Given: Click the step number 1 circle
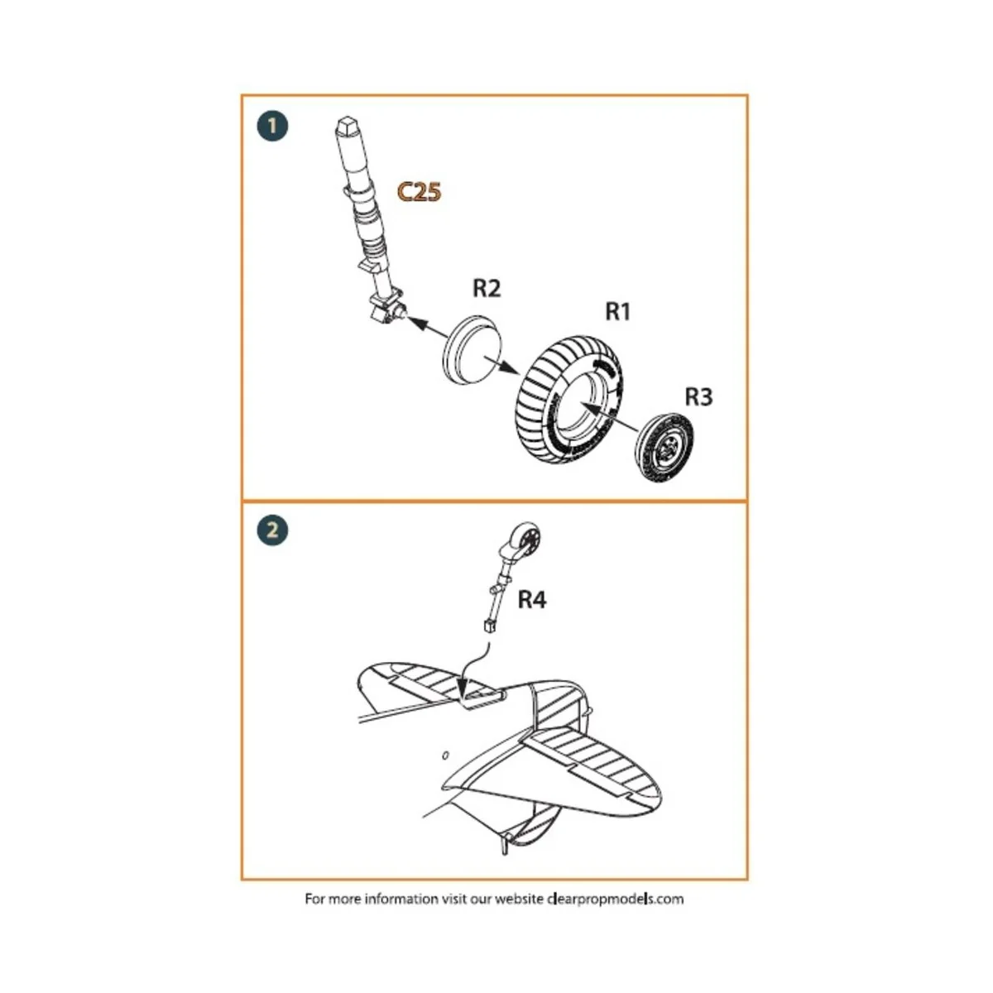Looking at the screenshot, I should (272, 127).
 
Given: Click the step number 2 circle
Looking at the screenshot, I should (272, 530).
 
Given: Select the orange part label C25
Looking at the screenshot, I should (419, 192).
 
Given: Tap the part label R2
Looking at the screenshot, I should (487, 288).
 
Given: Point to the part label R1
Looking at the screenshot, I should (618, 311).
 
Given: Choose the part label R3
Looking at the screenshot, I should (698, 397).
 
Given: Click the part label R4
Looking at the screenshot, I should (532, 600).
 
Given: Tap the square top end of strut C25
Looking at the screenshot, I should (346, 128).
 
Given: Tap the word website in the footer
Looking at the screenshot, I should (519, 899).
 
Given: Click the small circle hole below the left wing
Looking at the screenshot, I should (445, 756).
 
